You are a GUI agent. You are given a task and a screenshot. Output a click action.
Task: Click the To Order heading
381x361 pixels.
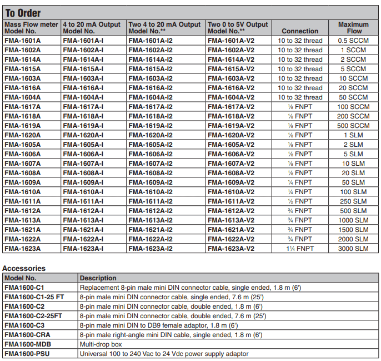23,13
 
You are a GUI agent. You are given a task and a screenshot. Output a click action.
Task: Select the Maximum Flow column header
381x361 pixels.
353,28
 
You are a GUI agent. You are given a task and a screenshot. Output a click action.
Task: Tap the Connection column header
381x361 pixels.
300,31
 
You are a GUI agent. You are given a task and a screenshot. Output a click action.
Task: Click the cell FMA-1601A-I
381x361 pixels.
83,41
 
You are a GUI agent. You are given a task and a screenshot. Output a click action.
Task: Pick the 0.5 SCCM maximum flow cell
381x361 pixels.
353,41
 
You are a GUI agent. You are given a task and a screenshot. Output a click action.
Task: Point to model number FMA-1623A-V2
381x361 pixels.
231,248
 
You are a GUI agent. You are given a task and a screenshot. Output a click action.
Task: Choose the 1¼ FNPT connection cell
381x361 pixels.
300,248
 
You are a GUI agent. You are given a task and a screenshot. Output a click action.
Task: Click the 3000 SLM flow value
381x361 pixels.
353,248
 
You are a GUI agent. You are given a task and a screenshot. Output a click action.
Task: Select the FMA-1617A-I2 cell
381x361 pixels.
151,107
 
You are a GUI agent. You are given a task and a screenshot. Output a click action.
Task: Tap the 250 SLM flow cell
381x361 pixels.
353,201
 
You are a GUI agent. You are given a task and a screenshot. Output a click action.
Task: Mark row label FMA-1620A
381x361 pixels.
22,135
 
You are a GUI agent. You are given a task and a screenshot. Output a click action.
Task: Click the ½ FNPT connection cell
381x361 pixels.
300,201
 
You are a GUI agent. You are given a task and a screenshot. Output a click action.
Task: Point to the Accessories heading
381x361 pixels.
24,268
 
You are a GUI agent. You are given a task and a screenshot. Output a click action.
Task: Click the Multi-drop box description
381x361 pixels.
102,344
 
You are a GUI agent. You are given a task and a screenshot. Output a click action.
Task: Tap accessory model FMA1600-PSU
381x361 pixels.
27,354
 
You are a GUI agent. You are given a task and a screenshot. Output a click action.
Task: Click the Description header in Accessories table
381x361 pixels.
98,278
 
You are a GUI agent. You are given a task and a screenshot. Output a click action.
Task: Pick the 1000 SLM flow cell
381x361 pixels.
353,220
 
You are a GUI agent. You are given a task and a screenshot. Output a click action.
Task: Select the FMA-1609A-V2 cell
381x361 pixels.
231,182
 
